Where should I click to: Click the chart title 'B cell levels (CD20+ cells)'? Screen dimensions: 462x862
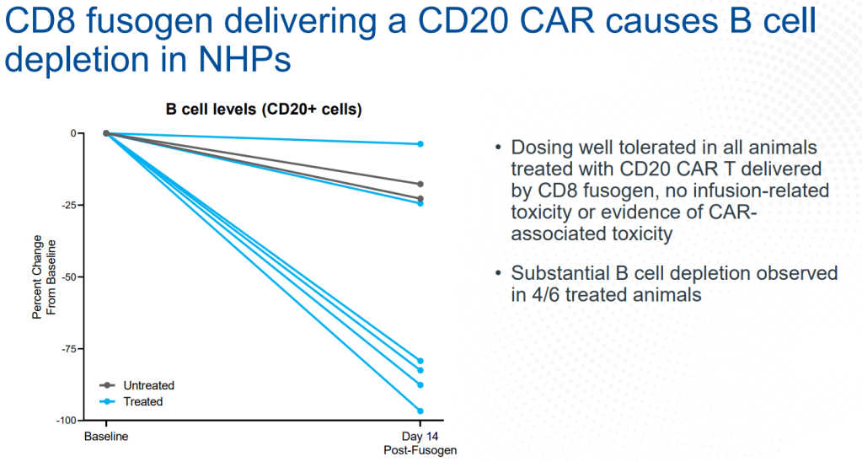pyautogui.click(x=262, y=110)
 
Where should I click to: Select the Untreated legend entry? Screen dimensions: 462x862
pyautogui.click(x=148, y=386)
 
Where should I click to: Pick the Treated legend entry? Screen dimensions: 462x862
pyautogui.click(x=143, y=402)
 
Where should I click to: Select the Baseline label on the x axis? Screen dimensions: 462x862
pyautogui.click(x=105, y=438)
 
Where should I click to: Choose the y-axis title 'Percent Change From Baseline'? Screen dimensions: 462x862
pyautogui.click(x=43, y=277)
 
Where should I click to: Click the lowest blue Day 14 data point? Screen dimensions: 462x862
pyautogui.click(x=420, y=411)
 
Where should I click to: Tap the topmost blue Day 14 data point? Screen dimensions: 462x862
pyautogui.click(x=420, y=144)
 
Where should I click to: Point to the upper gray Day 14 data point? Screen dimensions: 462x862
pyautogui.click(x=420, y=184)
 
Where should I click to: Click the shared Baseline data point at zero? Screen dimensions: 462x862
pyautogui.click(x=106, y=133)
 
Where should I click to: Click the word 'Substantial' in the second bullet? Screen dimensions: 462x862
pyautogui.click(x=567, y=274)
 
